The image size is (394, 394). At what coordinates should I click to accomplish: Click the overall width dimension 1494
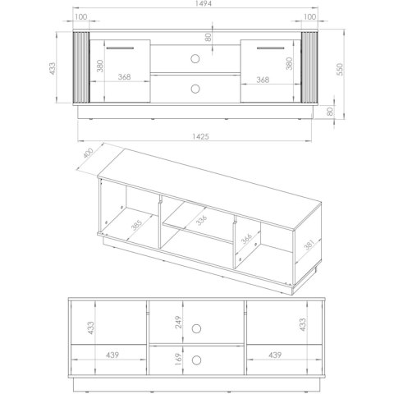(x=204, y=3)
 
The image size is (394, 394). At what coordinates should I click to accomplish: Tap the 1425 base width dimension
(x=200, y=136)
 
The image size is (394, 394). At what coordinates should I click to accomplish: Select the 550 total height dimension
(x=340, y=70)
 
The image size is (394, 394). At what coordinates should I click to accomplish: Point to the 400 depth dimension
(x=89, y=153)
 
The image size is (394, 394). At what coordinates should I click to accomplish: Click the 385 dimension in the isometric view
(x=136, y=225)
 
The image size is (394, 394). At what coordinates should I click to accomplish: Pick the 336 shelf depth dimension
(x=201, y=221)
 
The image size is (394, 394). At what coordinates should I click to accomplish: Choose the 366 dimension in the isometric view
(x=246, y=239)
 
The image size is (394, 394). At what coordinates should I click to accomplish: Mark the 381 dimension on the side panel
(x=309, y=245)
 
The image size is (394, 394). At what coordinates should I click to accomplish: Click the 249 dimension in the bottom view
(x=178, y=322)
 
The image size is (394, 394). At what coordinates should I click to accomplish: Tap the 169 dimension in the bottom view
(x=178, y=360)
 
